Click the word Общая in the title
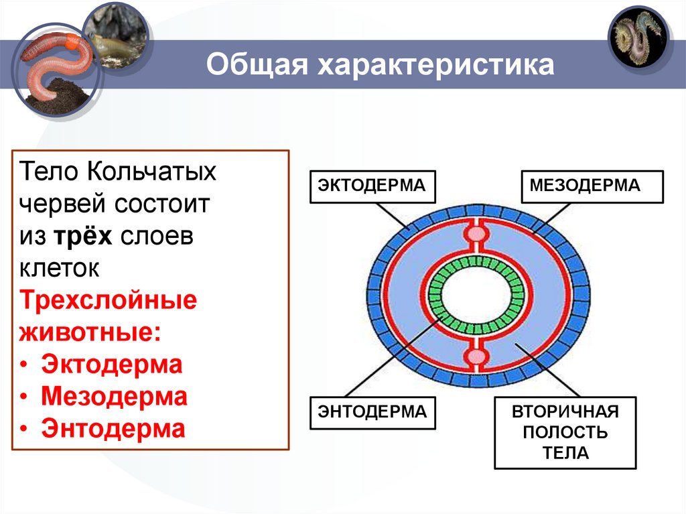click(255, 66)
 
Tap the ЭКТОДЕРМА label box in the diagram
click(372, 185)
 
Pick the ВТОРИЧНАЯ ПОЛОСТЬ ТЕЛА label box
click(565, 432)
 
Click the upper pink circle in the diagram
click(476, 234)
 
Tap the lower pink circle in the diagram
click(476, 355)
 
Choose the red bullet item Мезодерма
click(114, 397)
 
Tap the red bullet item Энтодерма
click(113, 428)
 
